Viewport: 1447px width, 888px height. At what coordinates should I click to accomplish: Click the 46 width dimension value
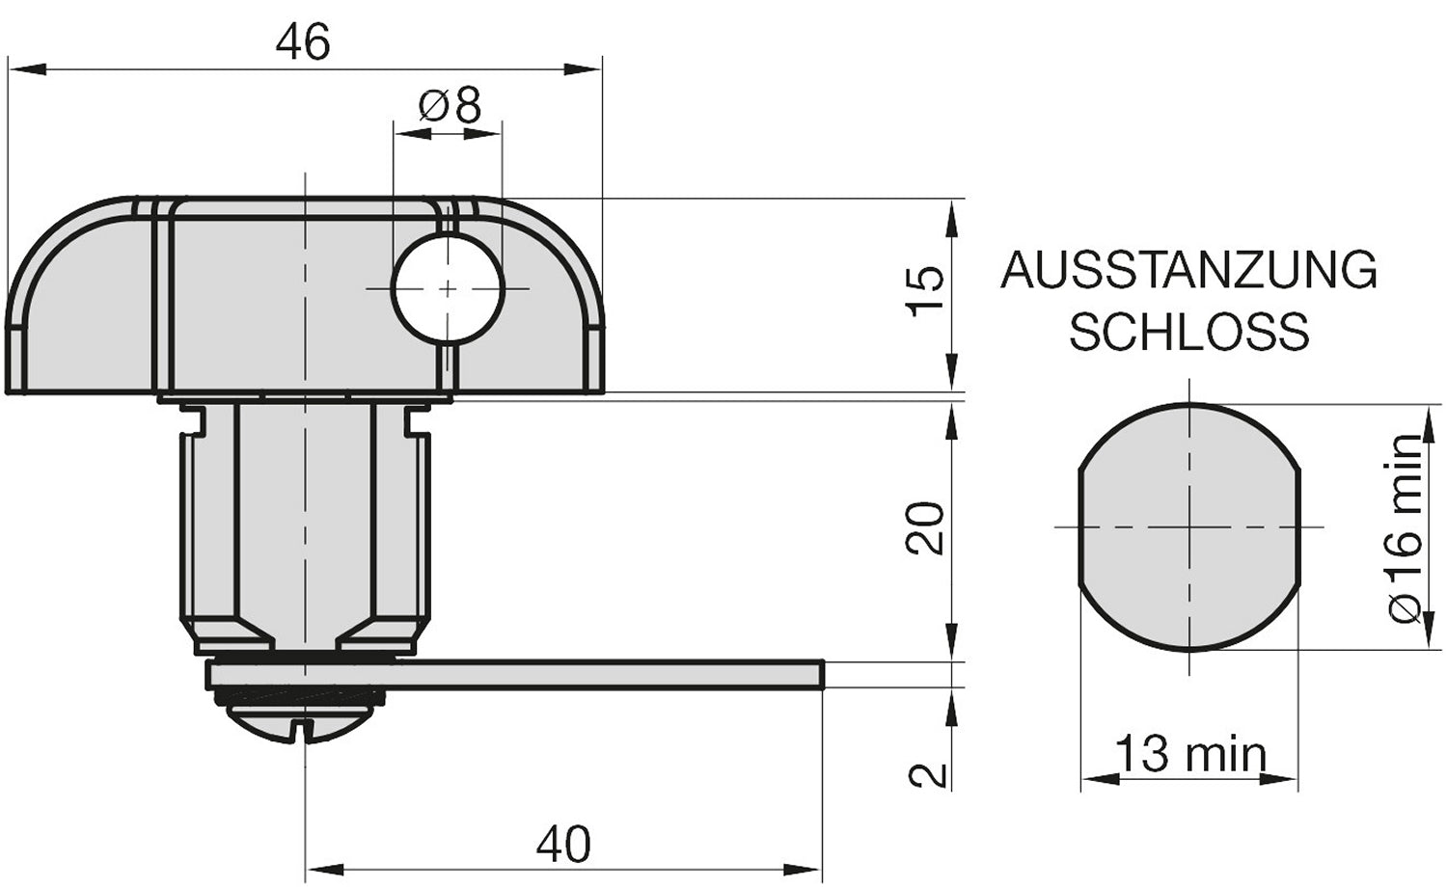coord(303,43)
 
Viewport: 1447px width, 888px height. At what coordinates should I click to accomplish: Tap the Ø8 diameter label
coord(450,105)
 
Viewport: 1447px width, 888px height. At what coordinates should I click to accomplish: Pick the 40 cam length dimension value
coord(564,845)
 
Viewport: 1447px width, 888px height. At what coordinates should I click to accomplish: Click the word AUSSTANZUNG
coord(1188,271)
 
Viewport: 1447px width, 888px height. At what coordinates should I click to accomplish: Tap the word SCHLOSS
coord(1188,333)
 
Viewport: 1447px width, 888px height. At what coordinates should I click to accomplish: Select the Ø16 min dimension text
coord(1406,527)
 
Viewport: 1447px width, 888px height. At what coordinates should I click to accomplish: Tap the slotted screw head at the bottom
coord(304,723)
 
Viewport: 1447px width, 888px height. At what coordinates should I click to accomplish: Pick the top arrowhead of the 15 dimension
coord(952,216)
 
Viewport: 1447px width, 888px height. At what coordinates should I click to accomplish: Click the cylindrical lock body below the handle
coord(304,521)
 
